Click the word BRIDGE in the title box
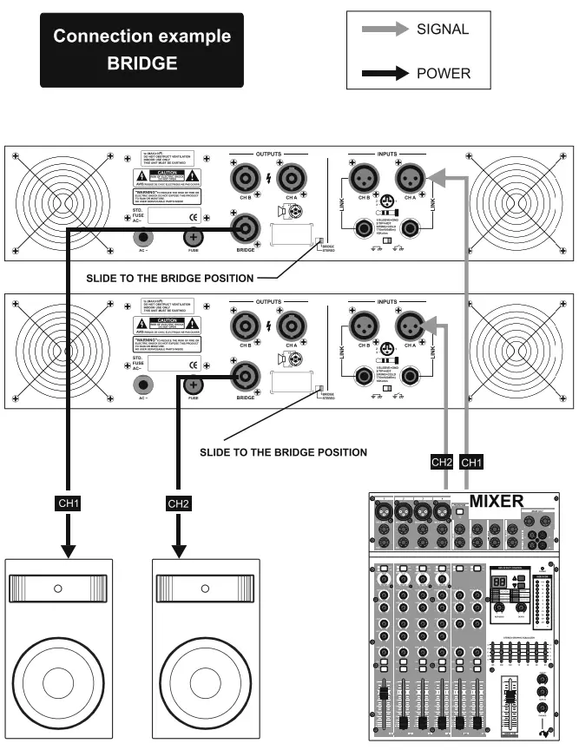(141, 63)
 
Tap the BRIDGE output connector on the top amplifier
(246, 229)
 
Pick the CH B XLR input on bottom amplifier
(361, 326)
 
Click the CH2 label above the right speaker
(178, 503)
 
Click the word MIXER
(497, 501)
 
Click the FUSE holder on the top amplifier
(192, 238)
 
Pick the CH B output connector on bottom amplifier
(244, 326)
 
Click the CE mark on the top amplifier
(194, 217)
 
